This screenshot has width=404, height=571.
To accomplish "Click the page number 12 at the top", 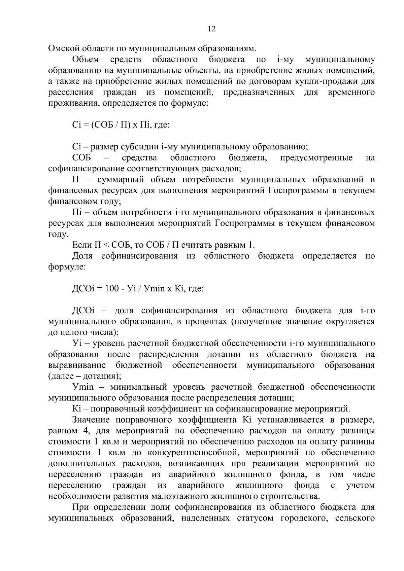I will (x=212, y=29).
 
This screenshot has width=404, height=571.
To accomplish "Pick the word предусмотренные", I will (x=316, y=158).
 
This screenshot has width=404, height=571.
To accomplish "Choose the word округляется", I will (x=350, y=321).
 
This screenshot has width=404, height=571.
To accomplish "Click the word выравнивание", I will (x=77, y=365).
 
